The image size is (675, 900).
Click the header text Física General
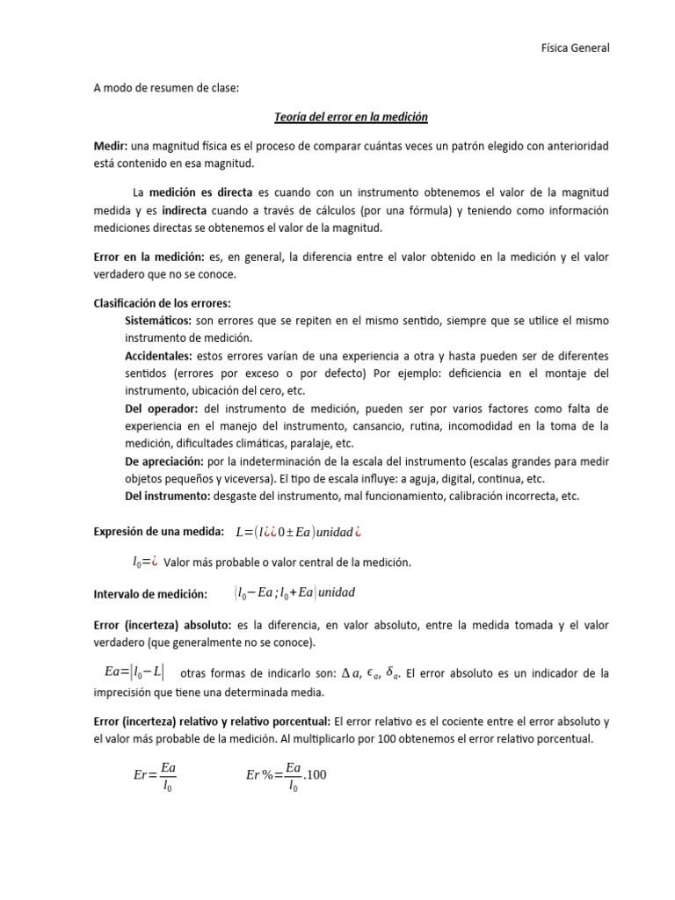click(574, 47)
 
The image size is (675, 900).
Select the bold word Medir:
click(110, 143)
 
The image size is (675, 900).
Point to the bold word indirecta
click(184, 210)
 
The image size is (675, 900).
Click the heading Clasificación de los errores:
click(162, 302)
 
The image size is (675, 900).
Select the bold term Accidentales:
click(158, 355)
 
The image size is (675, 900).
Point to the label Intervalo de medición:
click(150, 594)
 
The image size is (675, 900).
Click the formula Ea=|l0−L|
click(133, 672)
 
